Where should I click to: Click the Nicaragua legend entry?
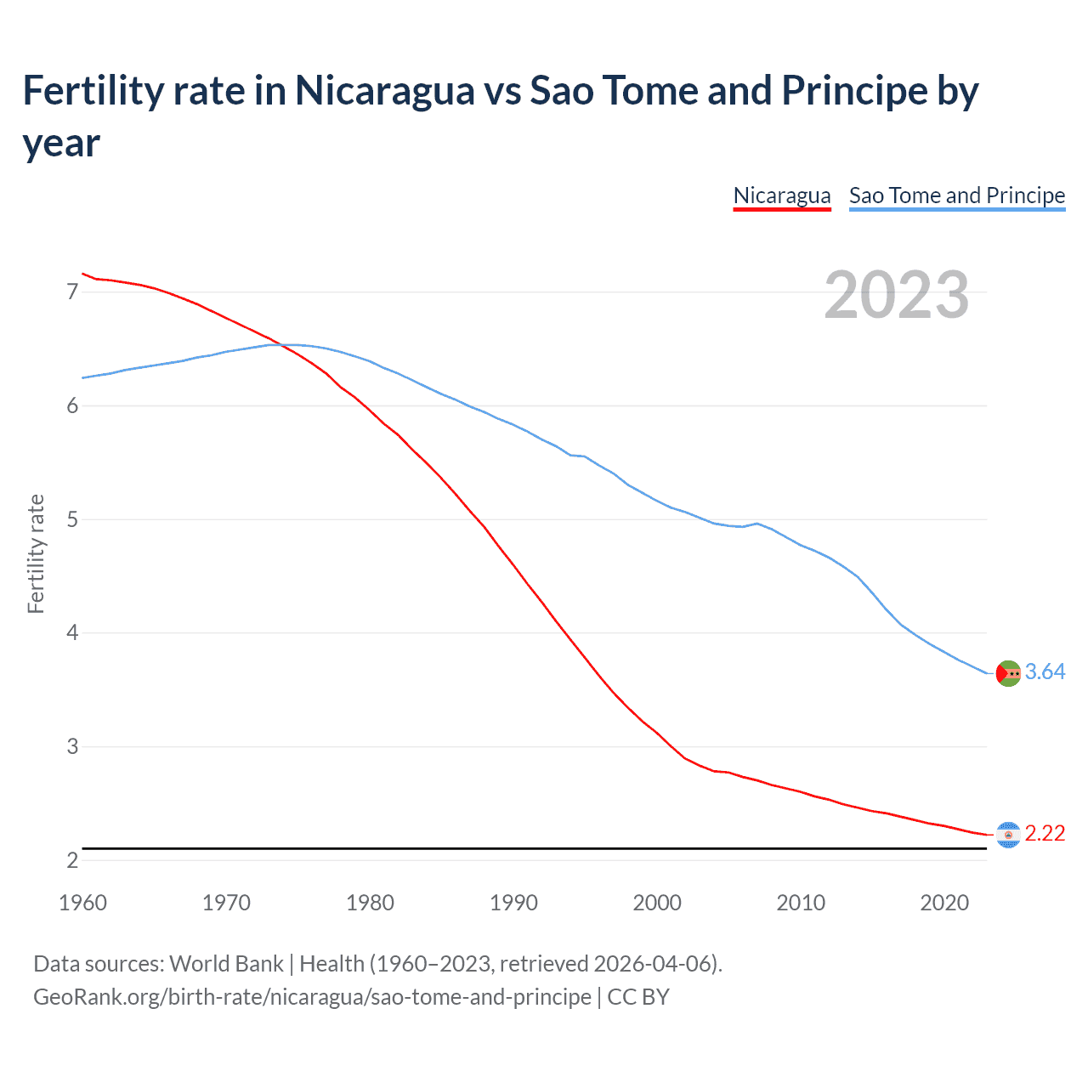click(x=781, y=195)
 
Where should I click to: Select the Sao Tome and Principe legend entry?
click(x=956, y=195)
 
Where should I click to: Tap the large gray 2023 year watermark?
click(x=897, y=295)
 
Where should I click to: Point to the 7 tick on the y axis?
click(x=72, y=292)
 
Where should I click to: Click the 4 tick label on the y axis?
click(x=72, y=632)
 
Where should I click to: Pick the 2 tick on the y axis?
click(x=72, y=860)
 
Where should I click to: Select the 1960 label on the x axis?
click(x=82, y=903)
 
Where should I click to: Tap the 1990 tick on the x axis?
click(x=513, y=903)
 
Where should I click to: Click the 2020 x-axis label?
click(x=944, y=903)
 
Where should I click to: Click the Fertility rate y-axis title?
click(x=36, y=553)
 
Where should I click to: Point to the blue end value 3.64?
click(x=1045, y=671)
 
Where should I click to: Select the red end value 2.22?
click(x=1045, y=833)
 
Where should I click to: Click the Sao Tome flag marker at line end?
click(x=1008, y=673)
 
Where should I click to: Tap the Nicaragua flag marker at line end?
click(x=1008, y=835)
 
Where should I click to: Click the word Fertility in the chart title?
click(x=88, y=90)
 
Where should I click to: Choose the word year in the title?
click(x=61, y=143)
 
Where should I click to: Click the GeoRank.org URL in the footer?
click(x=312, y=996)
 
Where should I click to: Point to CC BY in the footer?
click(x=638, y=996)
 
